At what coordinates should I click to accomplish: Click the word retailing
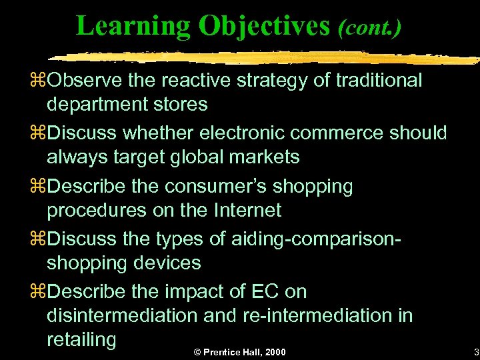click(81, 339)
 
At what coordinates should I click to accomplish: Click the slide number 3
click(475, 352)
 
